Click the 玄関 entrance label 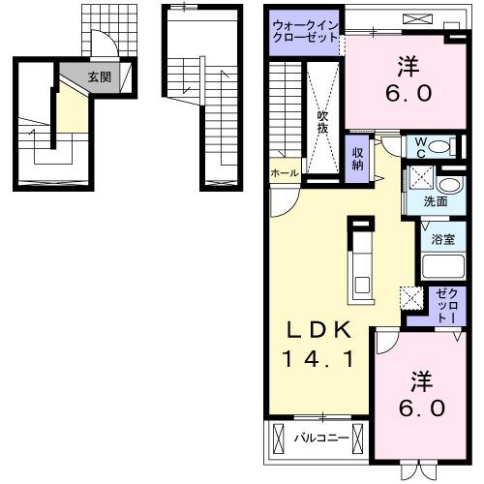(x=100, y=77)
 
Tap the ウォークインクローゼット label (x=305, y=31)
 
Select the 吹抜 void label (x=322, y=122)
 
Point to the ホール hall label (x=285, y=173)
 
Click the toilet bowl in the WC (x=439, y=147)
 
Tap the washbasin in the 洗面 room (x=449, y=186)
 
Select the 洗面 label (x=436, y=202)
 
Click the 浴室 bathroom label (x=443, y=239)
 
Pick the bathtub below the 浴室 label (x=443, y=266)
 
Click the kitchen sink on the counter (x=361, y=285)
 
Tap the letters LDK (x=318, y=330)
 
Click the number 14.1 (x=318, y=359)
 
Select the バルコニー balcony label (x=321, y=438)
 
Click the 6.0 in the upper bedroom (x=408, y=93)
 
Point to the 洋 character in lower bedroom (x=422, y=382)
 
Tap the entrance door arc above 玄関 (x=104, y=42)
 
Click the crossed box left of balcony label (x=278, y=439)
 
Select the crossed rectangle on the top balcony (x=417, y=18)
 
